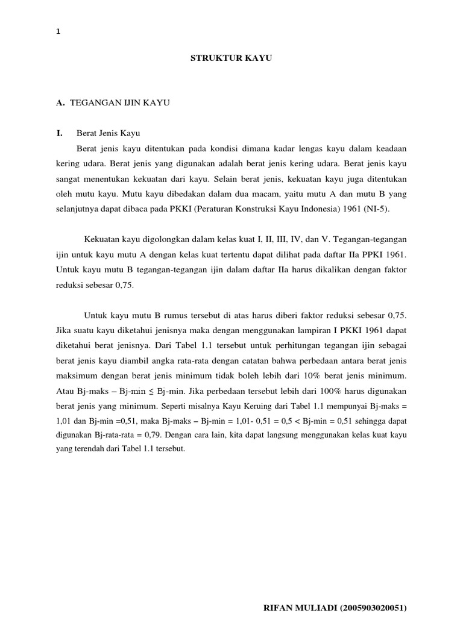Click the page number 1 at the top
point(57,32)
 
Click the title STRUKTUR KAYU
point(232,58)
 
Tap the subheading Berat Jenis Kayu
point(108,133)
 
